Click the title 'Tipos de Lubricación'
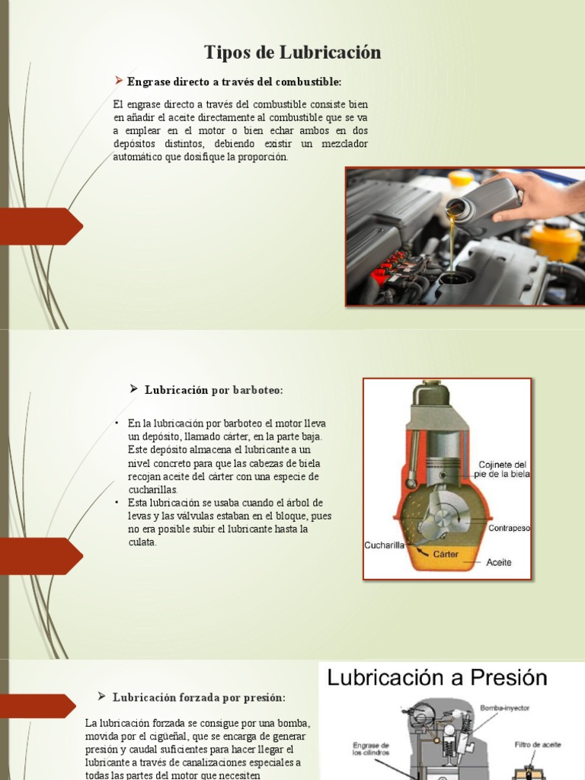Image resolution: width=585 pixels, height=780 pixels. point(292,53)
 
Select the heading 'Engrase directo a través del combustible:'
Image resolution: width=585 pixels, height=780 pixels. point(235,81)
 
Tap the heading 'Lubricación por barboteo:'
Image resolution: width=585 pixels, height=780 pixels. point(213,390)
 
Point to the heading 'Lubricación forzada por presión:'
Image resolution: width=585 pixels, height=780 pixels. point(199,697)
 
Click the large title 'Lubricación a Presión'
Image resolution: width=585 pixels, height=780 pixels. point(437,678)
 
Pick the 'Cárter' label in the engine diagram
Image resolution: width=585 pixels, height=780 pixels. point(446,554)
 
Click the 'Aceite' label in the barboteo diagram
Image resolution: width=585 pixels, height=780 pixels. point(499,563)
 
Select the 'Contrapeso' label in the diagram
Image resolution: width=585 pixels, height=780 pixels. point(509,527)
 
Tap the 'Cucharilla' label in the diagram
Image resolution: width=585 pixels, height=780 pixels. point(384,545)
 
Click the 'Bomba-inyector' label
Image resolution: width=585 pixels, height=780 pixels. point(504,708)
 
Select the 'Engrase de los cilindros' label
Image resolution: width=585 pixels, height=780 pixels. point(372,750)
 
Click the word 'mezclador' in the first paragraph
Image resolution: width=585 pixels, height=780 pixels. point(343,143)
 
